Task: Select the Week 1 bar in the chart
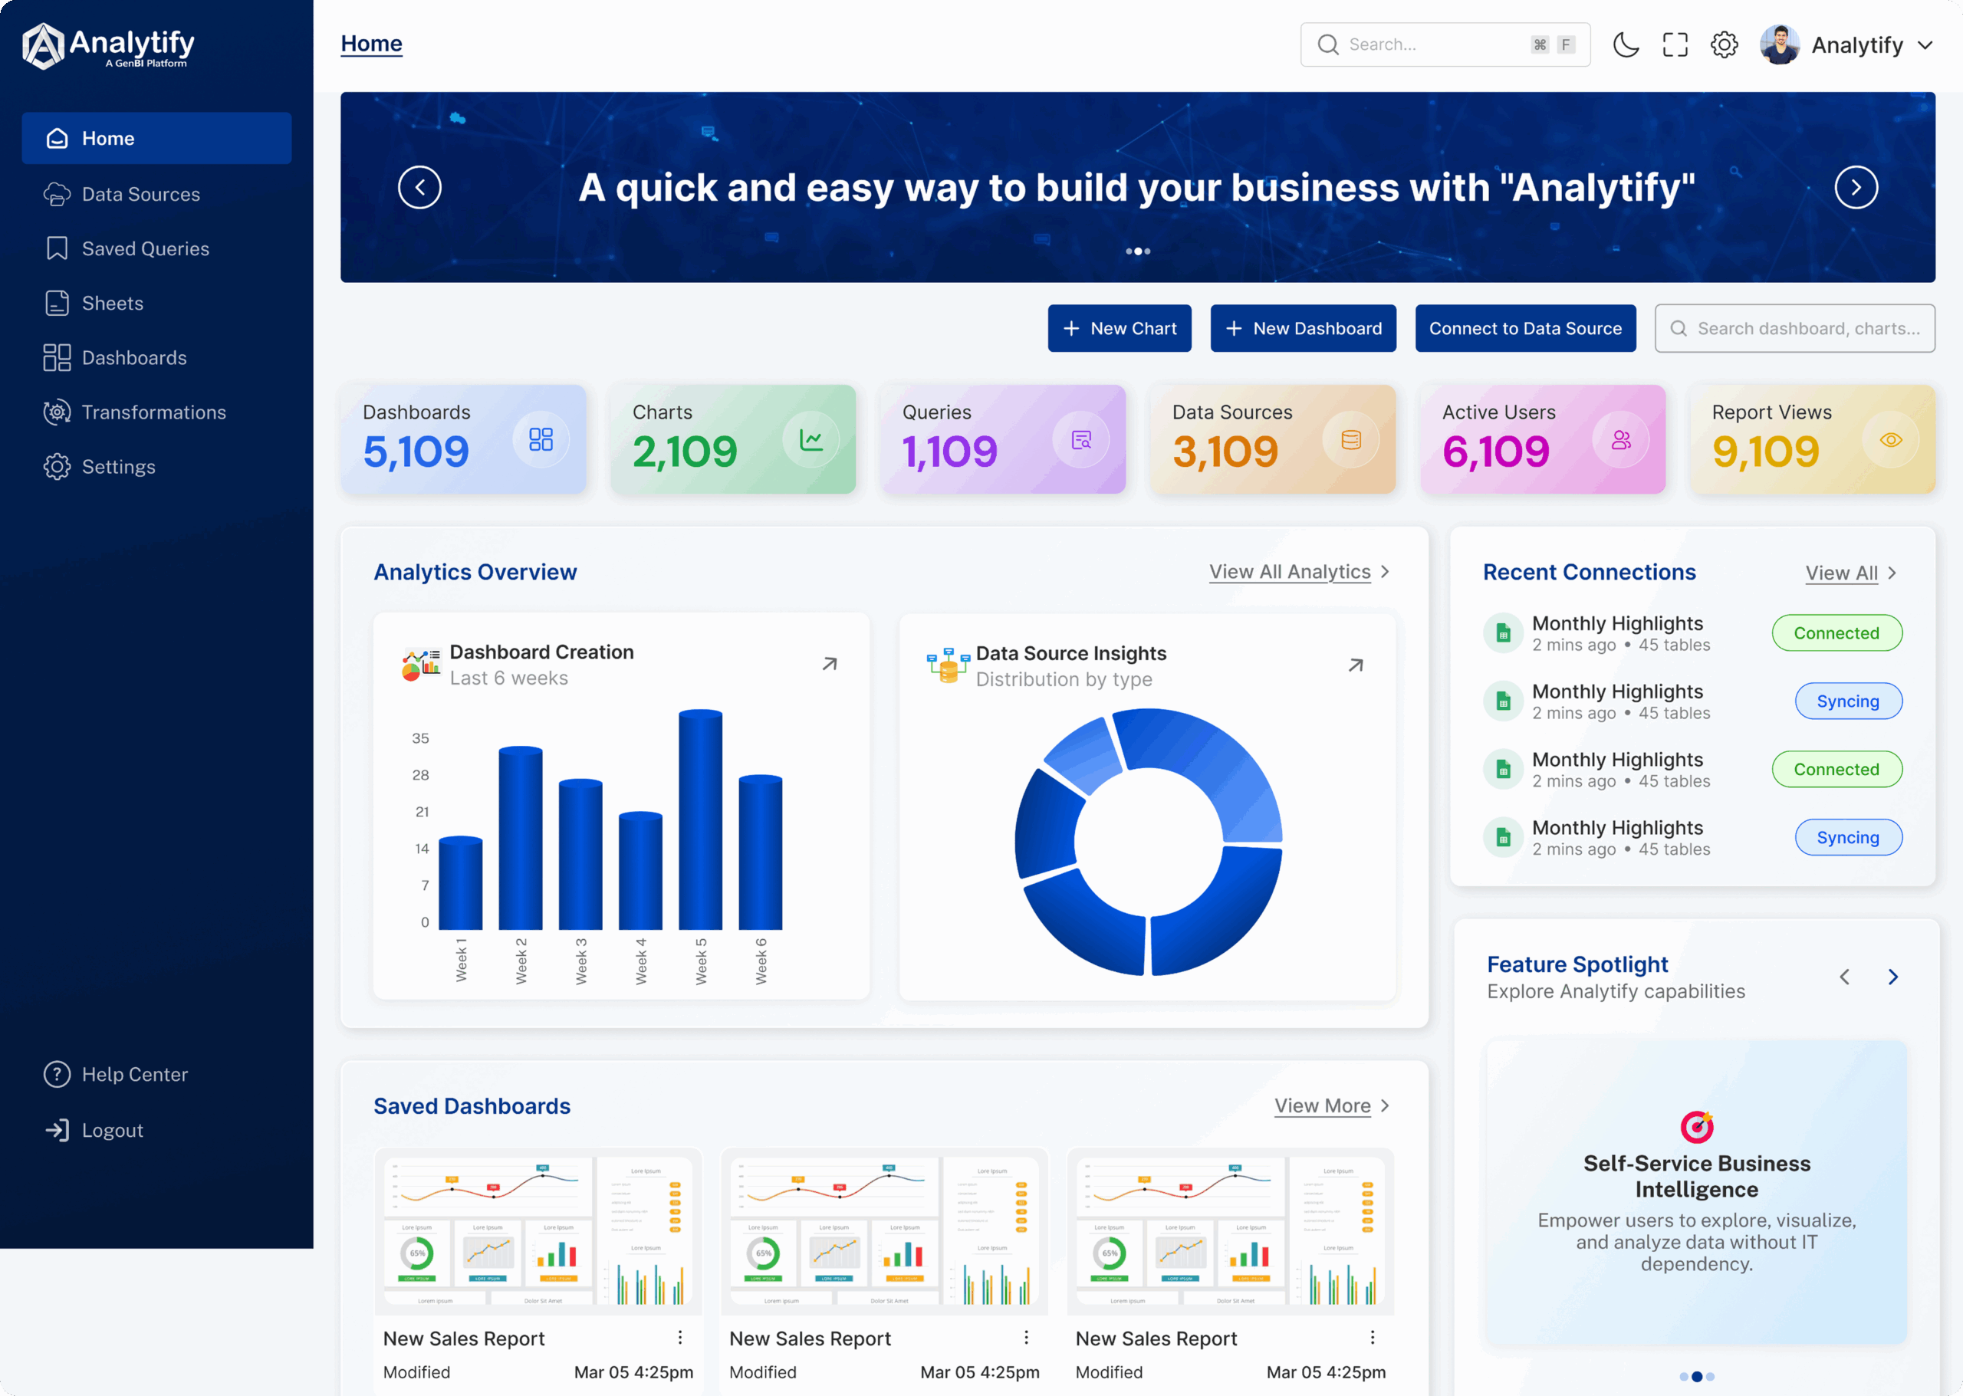[460, 883]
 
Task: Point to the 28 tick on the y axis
[420, 774]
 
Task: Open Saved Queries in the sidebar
[146, 248]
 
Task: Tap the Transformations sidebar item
[153, 412]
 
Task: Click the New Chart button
[1119, 328]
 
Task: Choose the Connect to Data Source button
[1524, 328]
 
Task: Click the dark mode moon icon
[1625, 44]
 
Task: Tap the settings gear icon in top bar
[1724, 44]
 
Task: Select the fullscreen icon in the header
[1674, 44]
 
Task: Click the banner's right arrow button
[1856, 187]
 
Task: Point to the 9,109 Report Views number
[1765, 452]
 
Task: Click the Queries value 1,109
[949, 452]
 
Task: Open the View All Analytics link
[1290, 572]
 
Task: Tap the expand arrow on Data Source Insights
[1355, 665]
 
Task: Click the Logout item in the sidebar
[112, 1131]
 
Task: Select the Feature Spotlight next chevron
[1892, 977]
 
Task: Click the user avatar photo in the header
[1779, 44]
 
